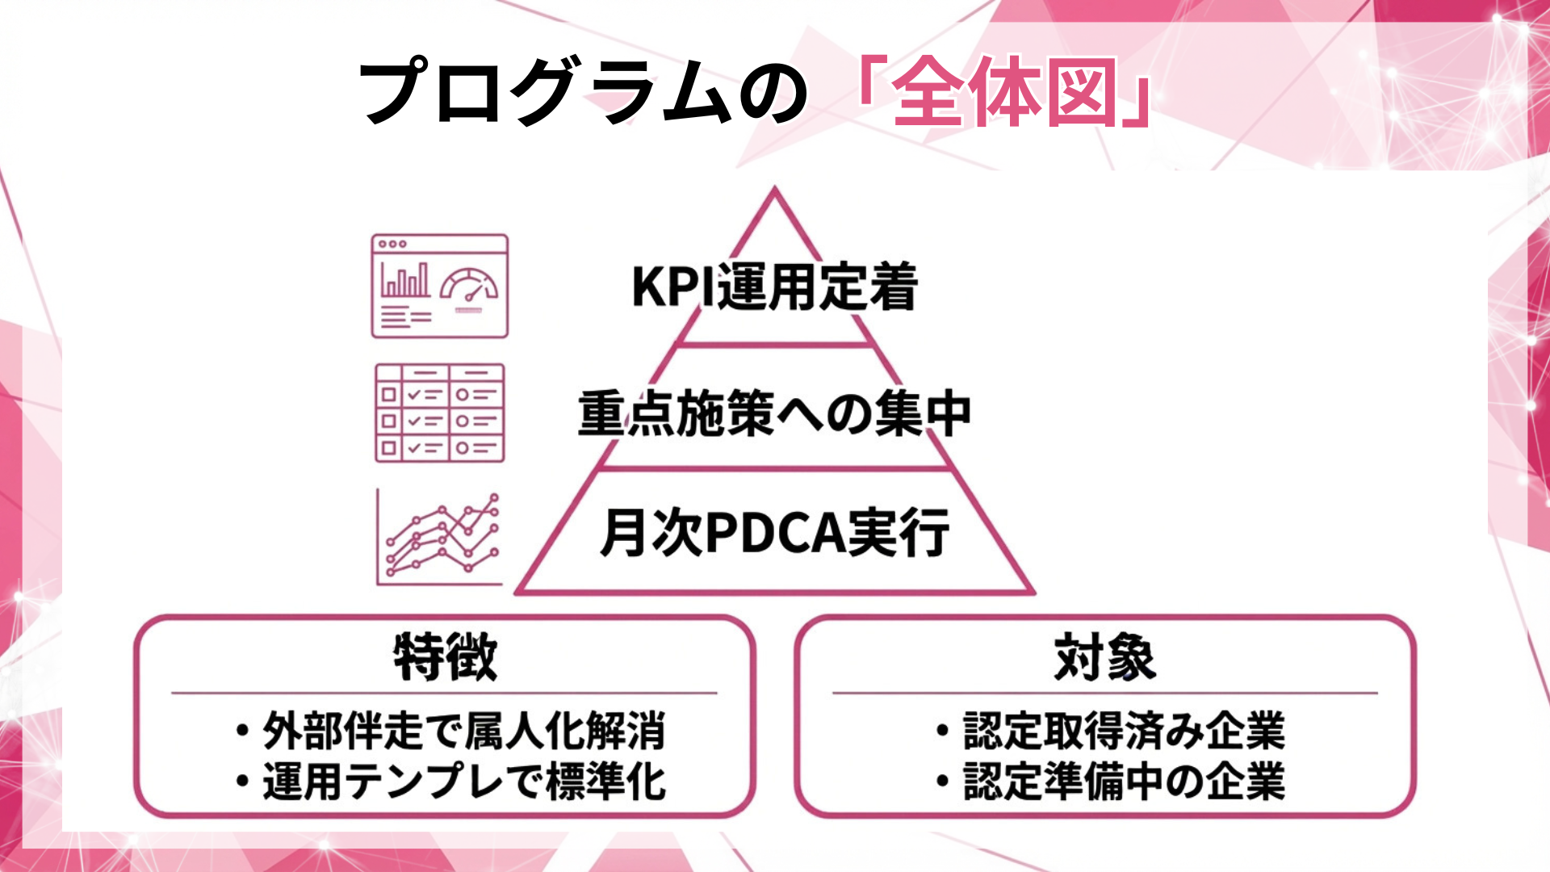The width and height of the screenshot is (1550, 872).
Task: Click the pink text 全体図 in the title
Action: tap(1004, 93)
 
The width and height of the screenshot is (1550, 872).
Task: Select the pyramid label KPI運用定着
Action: tap(775, 287)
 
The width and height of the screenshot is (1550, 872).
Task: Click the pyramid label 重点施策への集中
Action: tap(775, 413)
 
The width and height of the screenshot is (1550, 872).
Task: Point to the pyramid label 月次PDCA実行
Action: tap(775, 533)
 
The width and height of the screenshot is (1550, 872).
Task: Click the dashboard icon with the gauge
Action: tap(440, 286)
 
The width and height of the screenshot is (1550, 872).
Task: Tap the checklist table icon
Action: tap(440, 413)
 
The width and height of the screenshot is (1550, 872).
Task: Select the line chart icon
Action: tap(440, 537)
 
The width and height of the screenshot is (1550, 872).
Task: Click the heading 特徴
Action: tap(445, 657)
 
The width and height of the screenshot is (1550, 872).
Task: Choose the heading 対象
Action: tap(1105, 657)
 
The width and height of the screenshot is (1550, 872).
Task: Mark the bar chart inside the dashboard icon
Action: tap(405, 280)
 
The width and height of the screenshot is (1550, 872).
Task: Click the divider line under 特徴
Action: tap(444, 693)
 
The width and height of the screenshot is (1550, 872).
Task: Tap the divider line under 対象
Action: tap(1104, 693)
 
